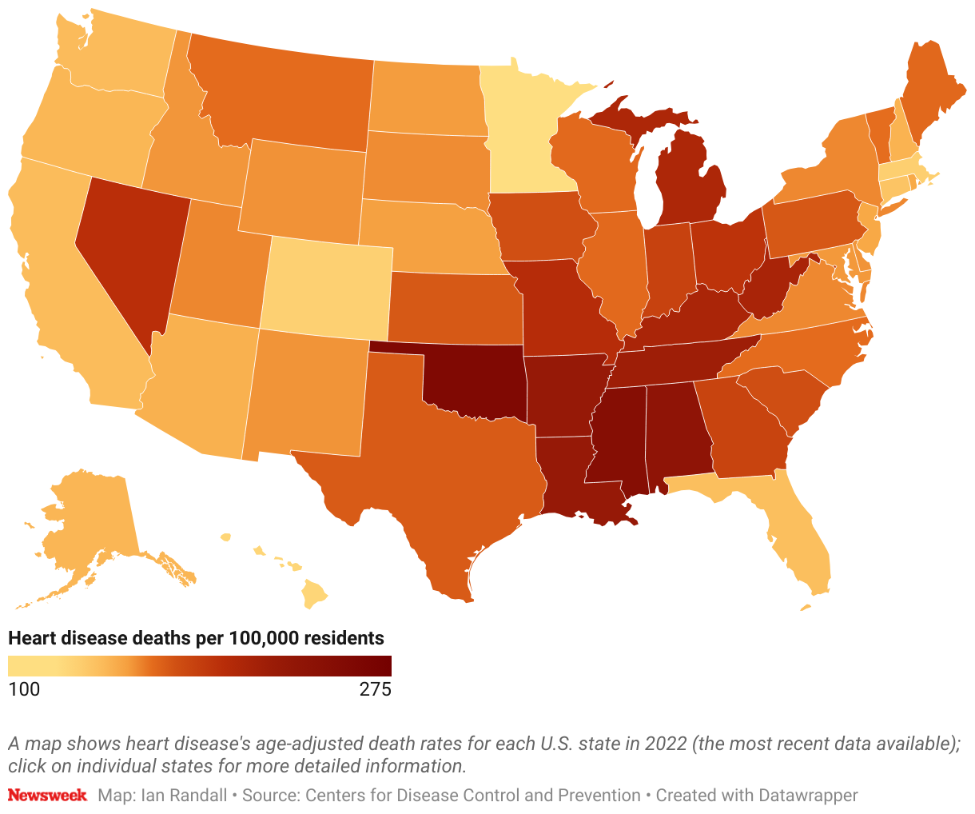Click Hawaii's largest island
pos(316,593)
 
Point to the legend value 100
pos(24,689)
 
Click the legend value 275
pos(375,689)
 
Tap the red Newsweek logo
pos(47,796)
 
